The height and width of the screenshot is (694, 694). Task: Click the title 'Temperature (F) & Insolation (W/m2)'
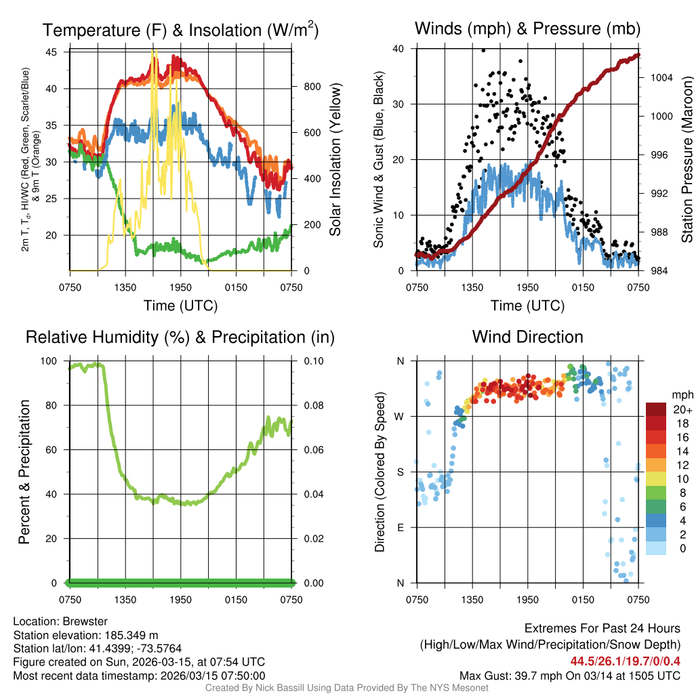click(x=180, y=30)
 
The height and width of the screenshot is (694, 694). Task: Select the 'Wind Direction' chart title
click(x=527, y=337)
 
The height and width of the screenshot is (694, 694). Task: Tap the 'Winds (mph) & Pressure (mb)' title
click(x=527, y=29)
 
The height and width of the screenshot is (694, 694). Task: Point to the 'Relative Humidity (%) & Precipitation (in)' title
click(x=180, y=337)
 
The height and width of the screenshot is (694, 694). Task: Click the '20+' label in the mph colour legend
click(x=682, y=410)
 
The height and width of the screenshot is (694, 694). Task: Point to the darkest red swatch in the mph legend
click(x=655, y=409)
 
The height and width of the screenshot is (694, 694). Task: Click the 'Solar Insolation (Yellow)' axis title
click(x=335, y=159)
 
